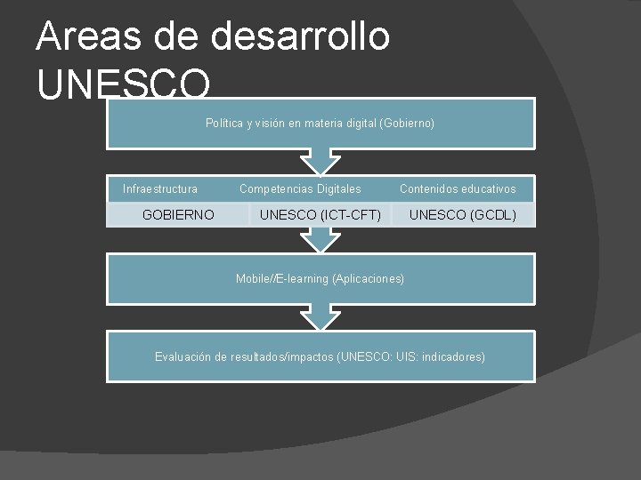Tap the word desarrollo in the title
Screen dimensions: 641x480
pos(300,37)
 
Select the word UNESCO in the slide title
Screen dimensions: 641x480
pos(125,85)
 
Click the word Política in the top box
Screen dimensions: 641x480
pos(223,124)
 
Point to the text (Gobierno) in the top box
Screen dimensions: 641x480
pos(407,124)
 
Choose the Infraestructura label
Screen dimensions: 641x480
pos(160,189)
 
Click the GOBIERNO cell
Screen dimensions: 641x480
pos(178,214)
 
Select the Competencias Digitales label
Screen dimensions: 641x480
pos(300,189)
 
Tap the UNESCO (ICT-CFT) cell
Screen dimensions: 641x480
pos(320,214)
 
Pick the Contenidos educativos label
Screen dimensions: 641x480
pos(458,189)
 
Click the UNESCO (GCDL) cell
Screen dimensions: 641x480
pos(462,214)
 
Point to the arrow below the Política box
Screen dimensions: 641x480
pos(320,162)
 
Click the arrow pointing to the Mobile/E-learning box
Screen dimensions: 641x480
pos(320,239)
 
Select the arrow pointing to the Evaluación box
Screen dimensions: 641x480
pos(320,316)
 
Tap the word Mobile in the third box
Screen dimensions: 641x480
pos(254,279)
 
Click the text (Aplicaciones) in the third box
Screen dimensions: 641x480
pos(368,279)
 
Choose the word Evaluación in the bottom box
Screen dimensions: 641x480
pos(183,357)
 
